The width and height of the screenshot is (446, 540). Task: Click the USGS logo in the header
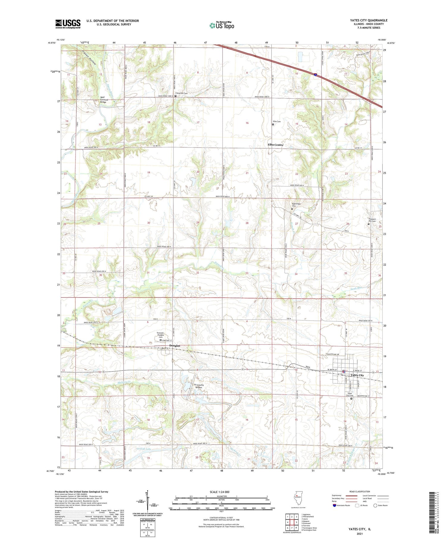68,24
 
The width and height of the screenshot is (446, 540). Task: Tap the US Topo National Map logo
222,25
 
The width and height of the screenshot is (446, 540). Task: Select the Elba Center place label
275,145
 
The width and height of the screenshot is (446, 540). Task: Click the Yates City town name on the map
357,375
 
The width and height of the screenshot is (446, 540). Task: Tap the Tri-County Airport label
199,386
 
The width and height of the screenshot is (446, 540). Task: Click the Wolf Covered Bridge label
103,99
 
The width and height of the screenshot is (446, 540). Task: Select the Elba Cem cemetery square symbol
273,125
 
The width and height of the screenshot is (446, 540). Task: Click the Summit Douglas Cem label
160,335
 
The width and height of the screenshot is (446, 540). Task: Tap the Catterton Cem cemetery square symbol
175,96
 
